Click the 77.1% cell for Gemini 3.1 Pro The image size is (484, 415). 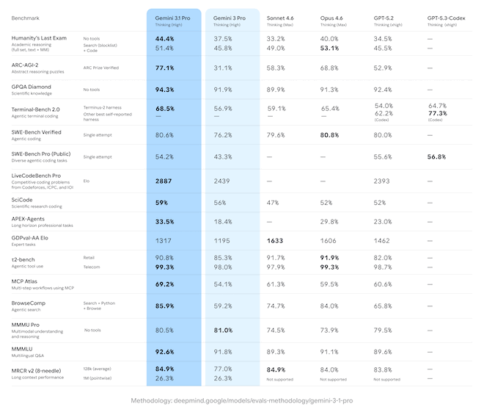coord(165,68)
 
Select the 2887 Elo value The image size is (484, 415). coord(164,180)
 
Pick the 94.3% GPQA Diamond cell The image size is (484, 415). coord(165,90)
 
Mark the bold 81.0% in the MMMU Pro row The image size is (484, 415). coord(222,330)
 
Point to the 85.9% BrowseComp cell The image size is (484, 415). coord(165,306)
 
